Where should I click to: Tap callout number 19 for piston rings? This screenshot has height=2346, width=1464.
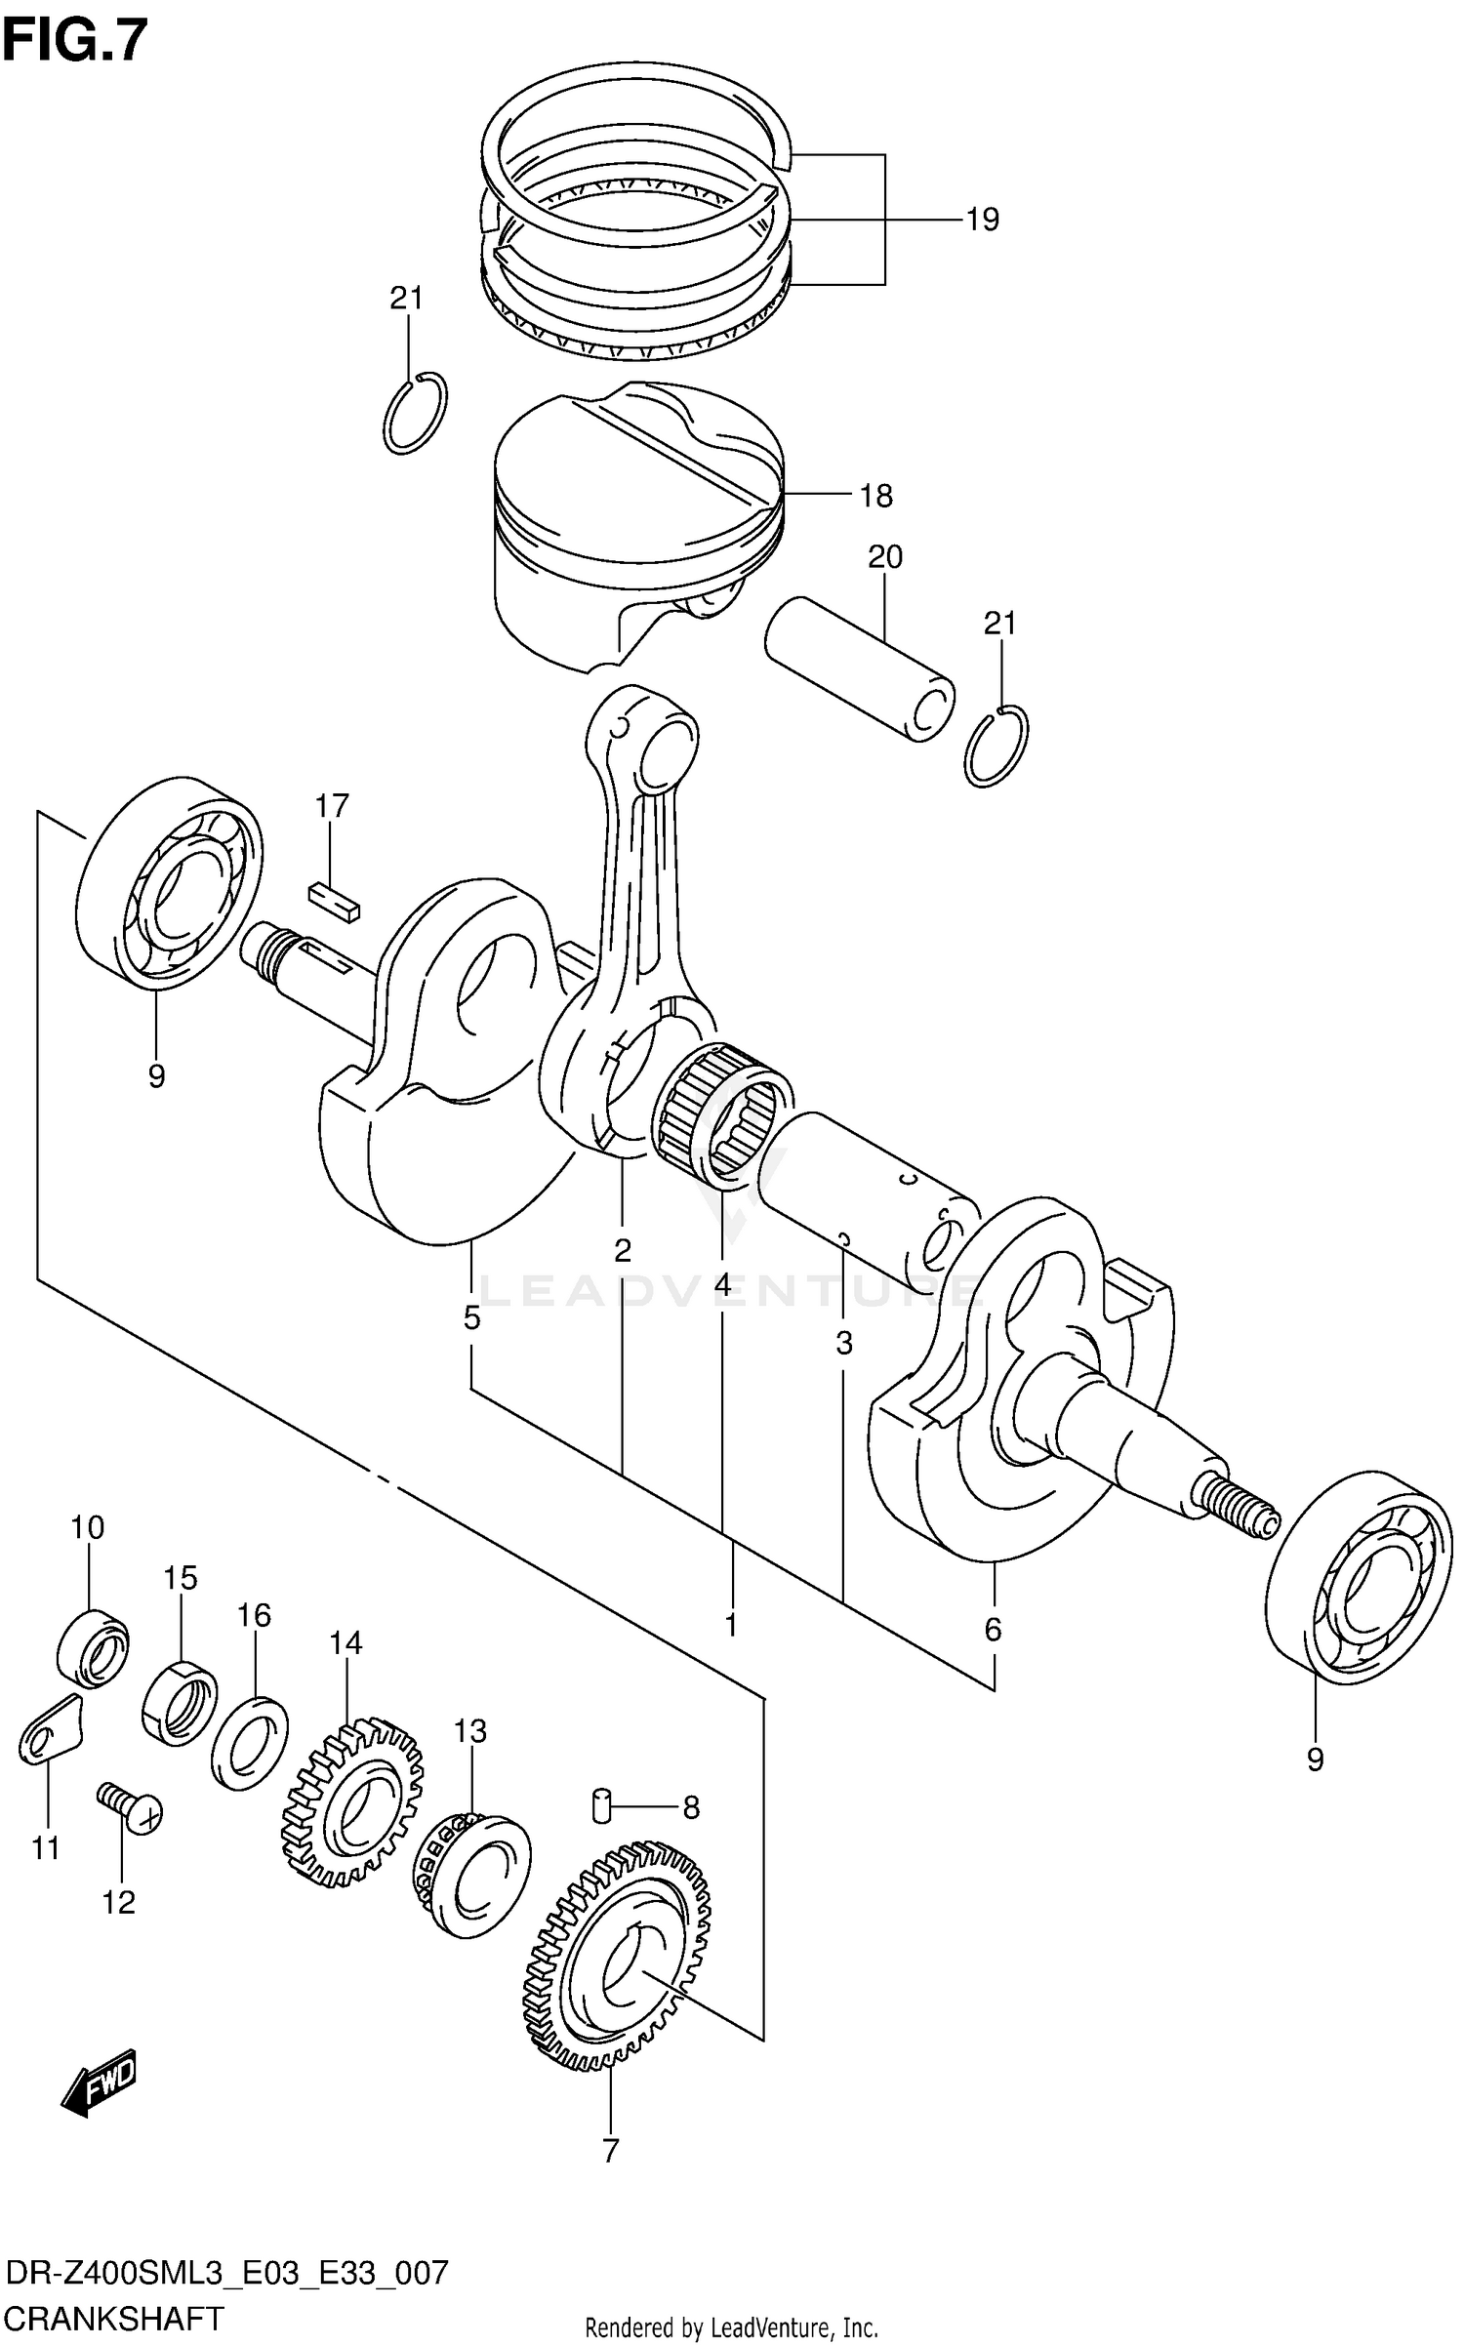pyautogui.click(x=983, y=221)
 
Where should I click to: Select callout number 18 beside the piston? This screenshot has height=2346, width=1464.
pyautogui.click(x=875, y=497)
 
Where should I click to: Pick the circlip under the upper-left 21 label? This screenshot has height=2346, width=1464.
pyautogui.click(x=416, y=413)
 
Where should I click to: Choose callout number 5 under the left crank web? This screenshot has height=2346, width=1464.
pyautogui.click(x=471, y=1319)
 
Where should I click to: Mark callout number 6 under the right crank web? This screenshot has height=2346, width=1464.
pyautogui.click(x=993, y=1630)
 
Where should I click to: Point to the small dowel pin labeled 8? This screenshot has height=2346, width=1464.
pyautogui.click(x=601, y=1807)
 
